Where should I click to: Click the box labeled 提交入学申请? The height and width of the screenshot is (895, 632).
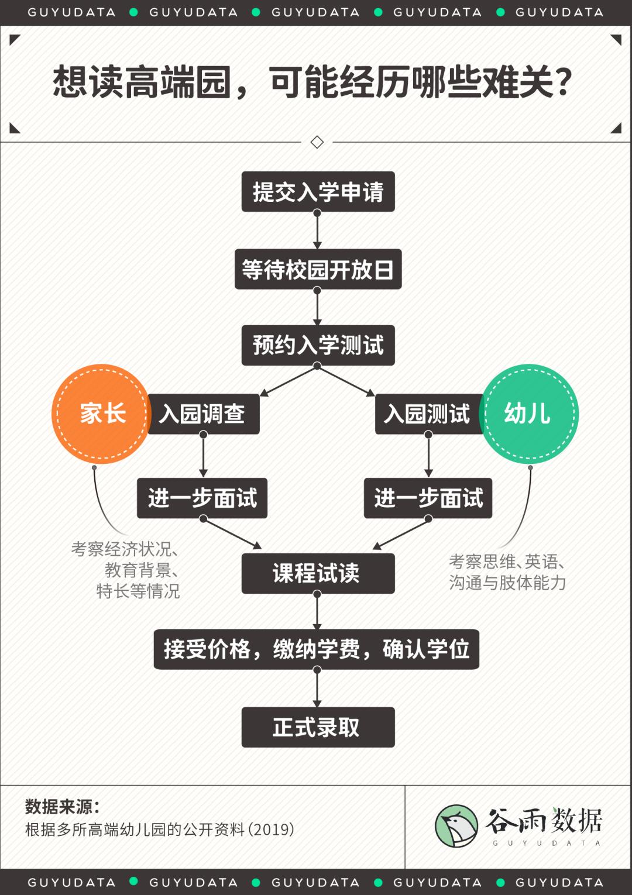click(x=318, y=191)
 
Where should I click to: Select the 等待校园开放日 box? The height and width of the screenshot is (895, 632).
click(x=318, y=269)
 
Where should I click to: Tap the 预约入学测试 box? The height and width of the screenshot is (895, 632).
click(x=318, y=345)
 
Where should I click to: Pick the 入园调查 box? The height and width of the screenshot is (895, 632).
click(x=204, y=414)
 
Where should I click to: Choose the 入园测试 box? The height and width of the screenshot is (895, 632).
click(x=430, y=414)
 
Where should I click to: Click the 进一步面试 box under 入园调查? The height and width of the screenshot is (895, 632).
click(x=202, y=498)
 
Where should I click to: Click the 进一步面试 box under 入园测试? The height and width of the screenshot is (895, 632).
click(x=428, y=498)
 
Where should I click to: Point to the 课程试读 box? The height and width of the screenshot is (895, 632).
click(x=318, y=573)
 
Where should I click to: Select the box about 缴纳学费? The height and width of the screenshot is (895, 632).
click(x=316, y=649)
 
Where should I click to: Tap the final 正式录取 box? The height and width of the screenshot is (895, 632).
click(x=318, y=727)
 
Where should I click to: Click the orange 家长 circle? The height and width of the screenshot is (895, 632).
click(x=102, y=414)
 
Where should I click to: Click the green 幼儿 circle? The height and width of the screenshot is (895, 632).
click(x=529, y=414)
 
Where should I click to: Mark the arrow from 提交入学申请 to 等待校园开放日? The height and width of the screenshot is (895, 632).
click(x=317, y=230)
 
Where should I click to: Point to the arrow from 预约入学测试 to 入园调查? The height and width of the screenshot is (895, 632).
click(x=288, y=381)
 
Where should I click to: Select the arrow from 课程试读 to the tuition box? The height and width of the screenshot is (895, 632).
click(x=317, y=611)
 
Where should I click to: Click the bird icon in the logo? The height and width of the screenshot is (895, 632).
click(x=456, y=826)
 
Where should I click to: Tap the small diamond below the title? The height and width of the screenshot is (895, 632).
click(x=317, y=142)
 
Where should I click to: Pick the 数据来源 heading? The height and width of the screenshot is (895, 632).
click(x=63, y=807)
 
